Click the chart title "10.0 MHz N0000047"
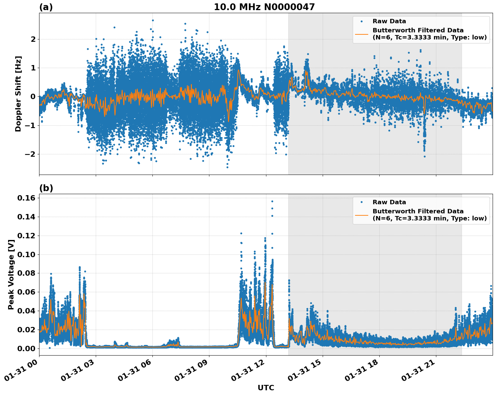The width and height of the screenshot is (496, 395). coord(264,7)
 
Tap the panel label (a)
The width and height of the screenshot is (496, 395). coord(46,7)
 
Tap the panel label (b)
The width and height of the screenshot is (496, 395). coord(46,188)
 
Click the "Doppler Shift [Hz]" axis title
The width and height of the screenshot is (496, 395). coord(18,94)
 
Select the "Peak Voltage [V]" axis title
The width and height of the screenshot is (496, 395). coord(11,274)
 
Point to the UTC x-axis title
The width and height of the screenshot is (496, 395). coord(266,388)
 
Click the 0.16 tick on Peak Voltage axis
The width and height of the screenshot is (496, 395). coord(26,198)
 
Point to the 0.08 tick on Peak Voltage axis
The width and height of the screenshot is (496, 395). coord(26,273)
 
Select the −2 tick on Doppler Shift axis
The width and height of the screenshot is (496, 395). coord(29,154)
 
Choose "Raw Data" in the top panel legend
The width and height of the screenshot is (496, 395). coord(389,21)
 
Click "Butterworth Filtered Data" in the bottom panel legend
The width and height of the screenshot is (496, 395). coord(418,211)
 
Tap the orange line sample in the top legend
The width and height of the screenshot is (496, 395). coord(361,34)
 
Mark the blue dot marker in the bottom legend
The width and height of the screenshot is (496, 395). coord(361,202)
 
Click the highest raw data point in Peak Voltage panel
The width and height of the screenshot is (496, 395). coord(272,201)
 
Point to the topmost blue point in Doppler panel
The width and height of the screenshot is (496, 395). coord(153,20)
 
